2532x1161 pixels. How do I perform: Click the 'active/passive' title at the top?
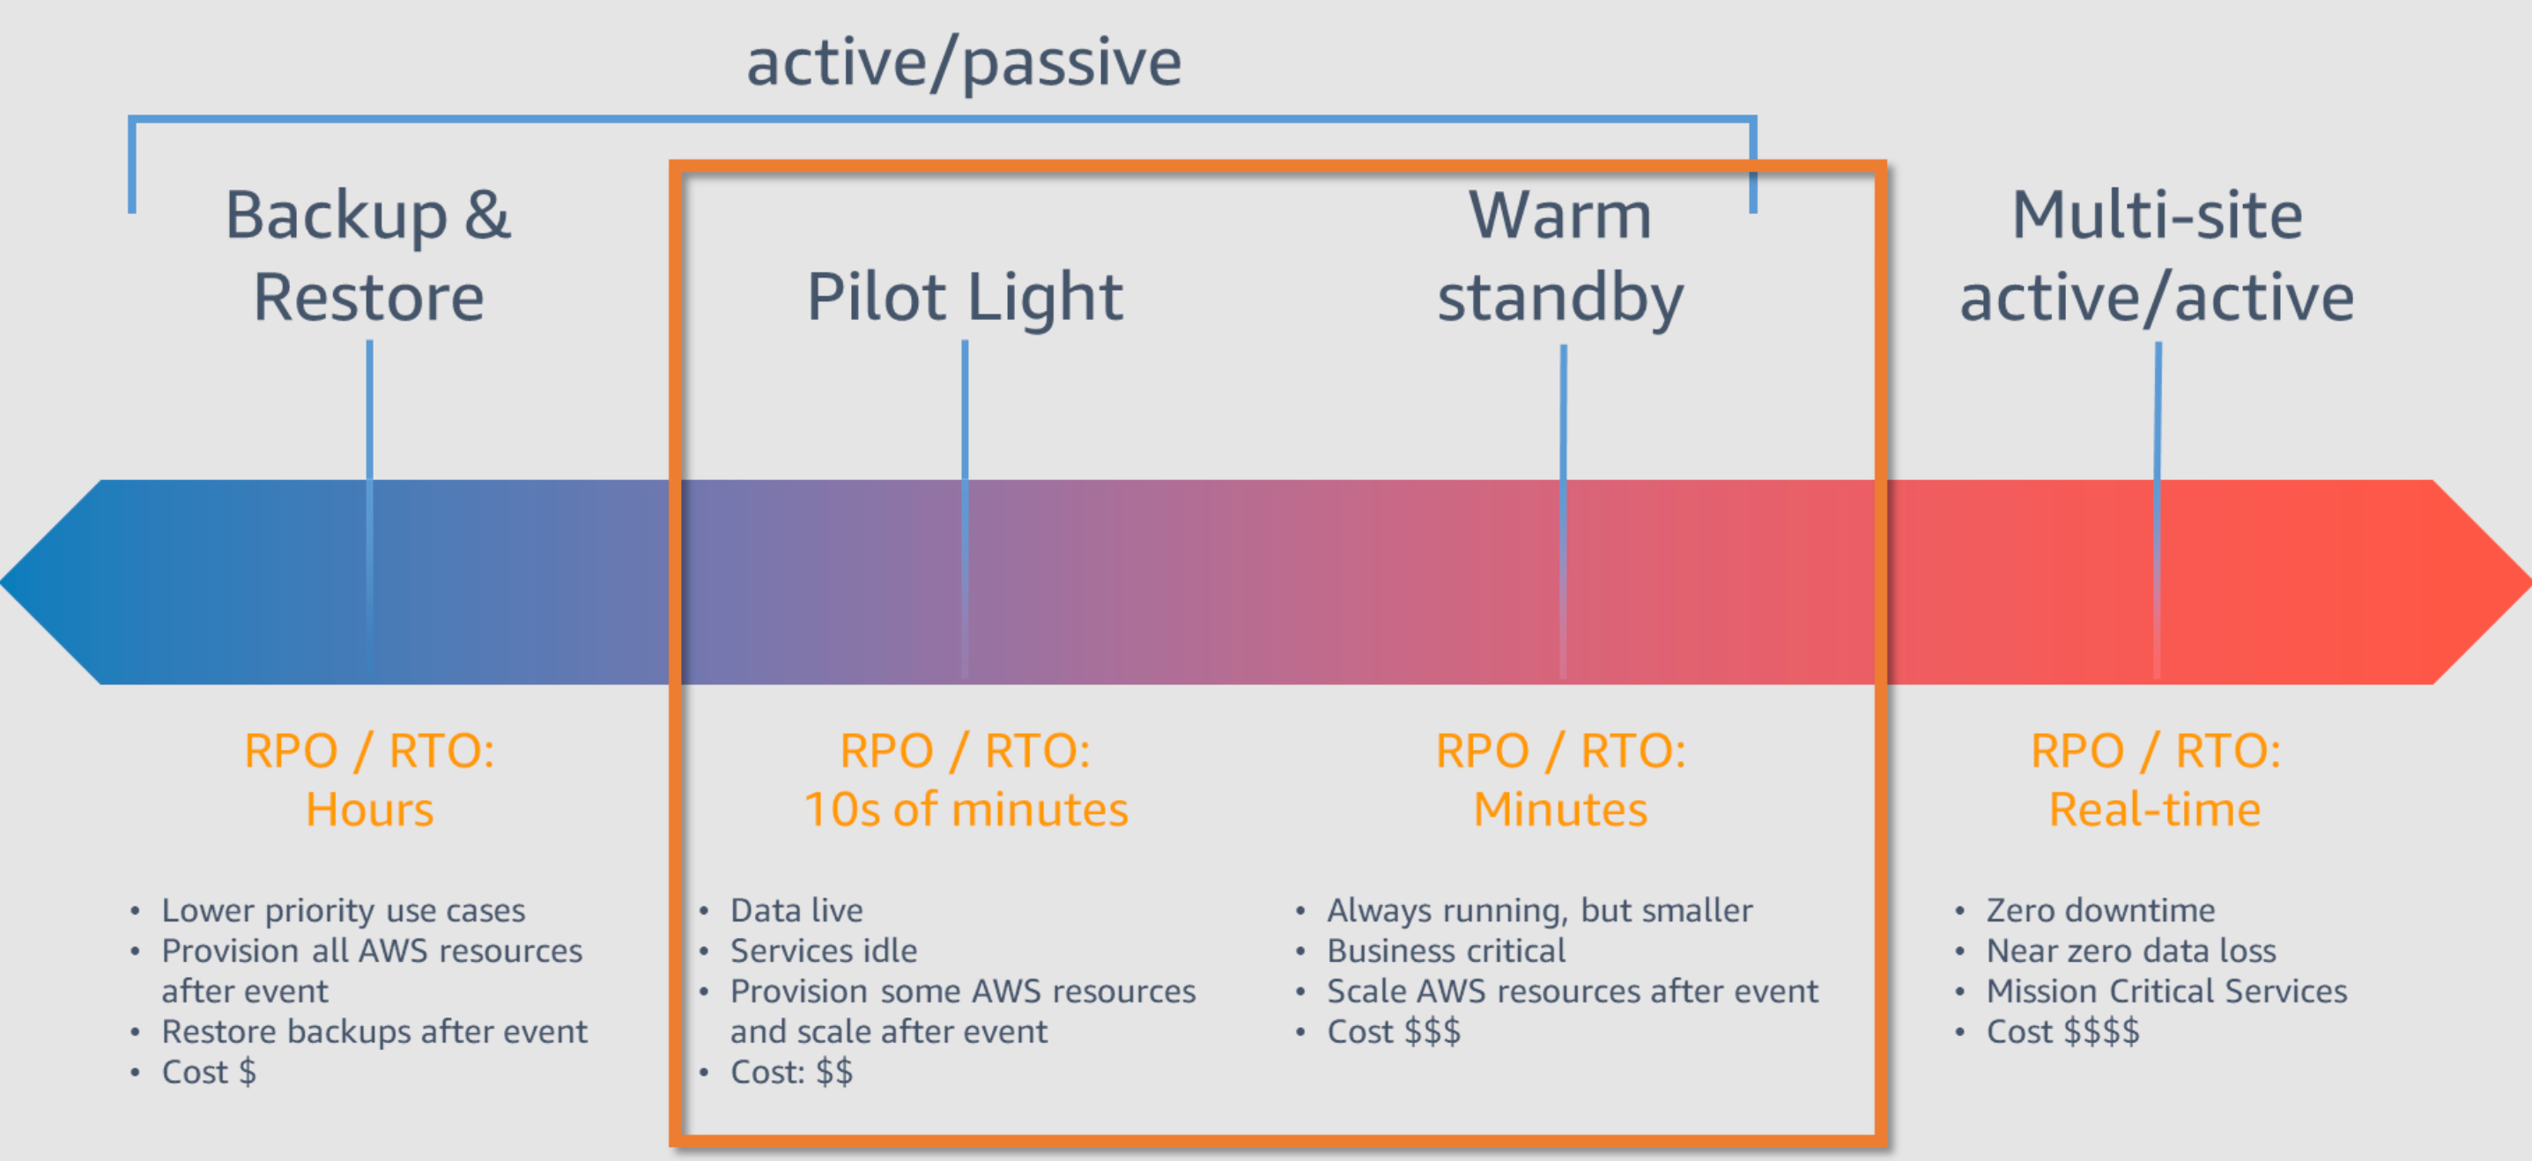point(963,62)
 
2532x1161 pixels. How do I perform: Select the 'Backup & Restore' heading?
point(368,255)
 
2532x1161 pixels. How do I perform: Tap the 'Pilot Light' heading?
point(964,296)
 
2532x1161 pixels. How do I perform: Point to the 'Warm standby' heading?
point(1560,255)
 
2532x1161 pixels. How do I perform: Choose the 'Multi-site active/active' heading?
point(2157,255)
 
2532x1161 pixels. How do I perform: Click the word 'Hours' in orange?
point(369,810)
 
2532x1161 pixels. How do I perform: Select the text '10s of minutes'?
point(966,810)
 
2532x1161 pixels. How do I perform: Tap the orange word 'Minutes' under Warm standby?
point(1560,810)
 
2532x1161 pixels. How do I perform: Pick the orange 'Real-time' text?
point(2155,810)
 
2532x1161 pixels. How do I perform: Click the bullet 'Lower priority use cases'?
point(343,910)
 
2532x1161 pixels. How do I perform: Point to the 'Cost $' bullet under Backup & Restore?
point(209,1071)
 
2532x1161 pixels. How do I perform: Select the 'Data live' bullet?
point(796,910)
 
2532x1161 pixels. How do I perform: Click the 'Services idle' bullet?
point(824,950)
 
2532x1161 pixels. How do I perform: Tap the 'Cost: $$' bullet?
point(791,1071)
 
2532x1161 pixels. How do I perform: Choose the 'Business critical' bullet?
point(1446,950)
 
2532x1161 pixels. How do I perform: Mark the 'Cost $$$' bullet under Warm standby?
point(1394,1032)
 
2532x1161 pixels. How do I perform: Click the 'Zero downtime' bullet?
point(2100,910)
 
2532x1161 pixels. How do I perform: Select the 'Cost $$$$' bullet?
point(2062,1032)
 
